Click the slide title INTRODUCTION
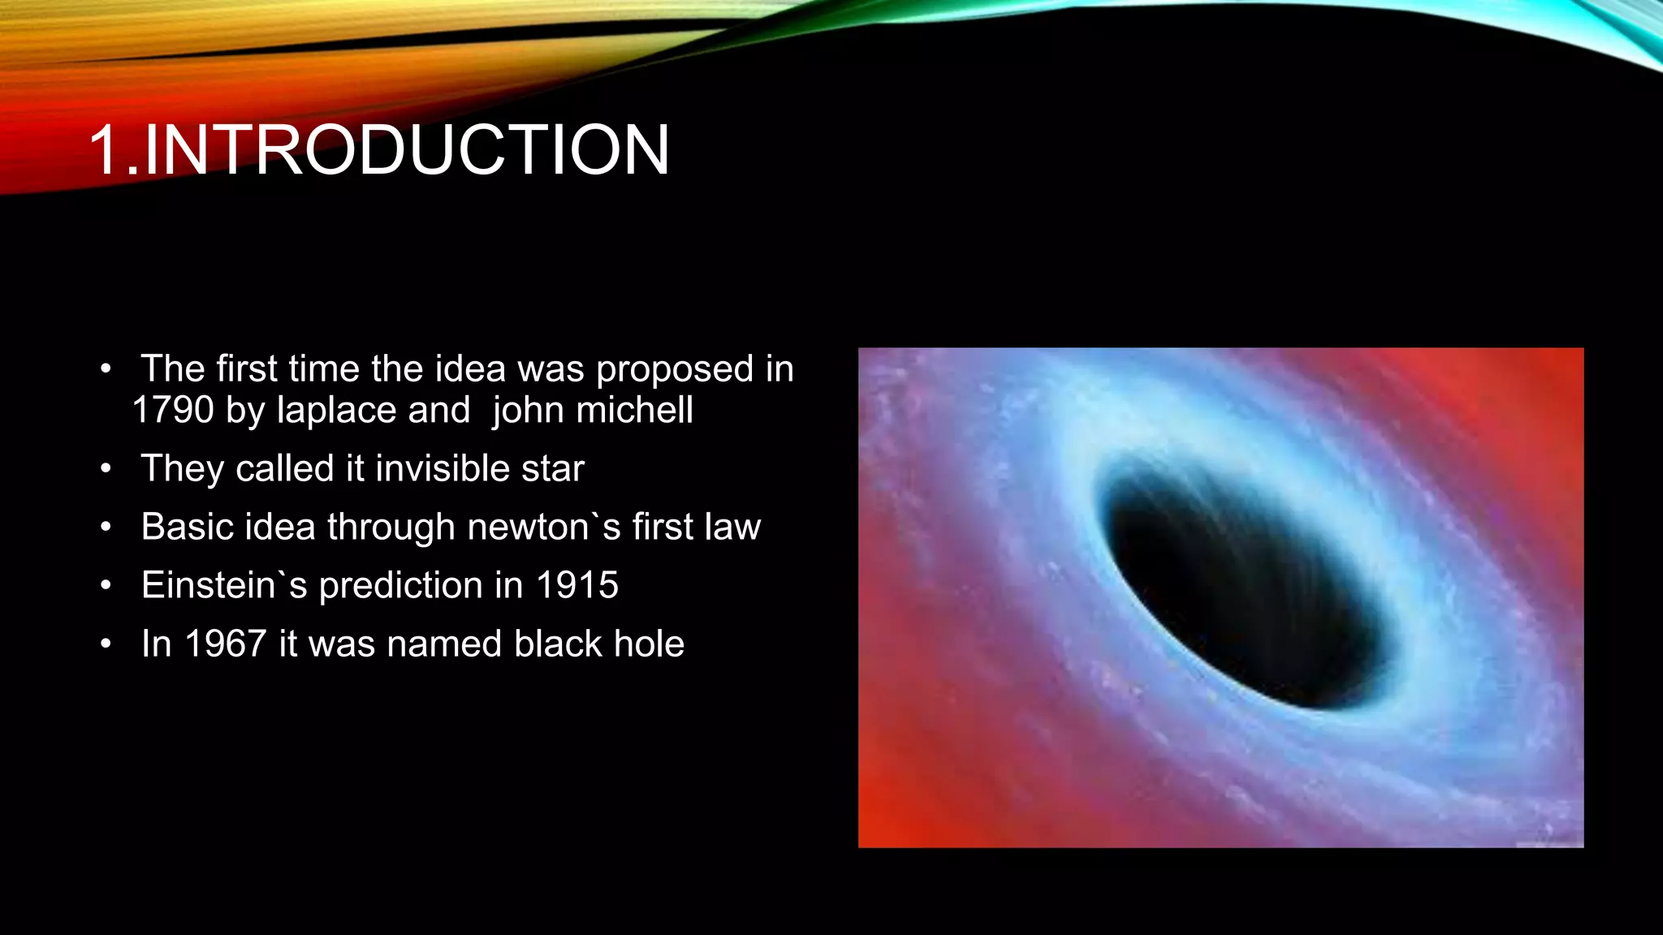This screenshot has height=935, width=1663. (406, 150)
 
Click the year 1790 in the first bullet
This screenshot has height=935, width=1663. (173, 411)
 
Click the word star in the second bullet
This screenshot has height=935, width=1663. (552, 469)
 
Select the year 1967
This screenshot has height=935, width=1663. (226, 644)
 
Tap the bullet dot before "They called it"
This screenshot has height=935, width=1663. (106, 469)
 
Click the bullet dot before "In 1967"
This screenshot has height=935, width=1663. (106, 644)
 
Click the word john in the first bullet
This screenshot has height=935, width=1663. (527, 411)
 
